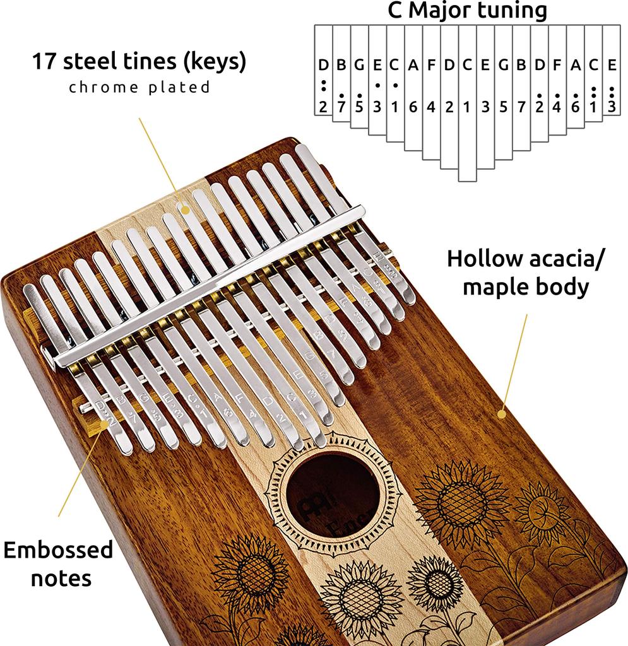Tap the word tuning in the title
click(x=514, y=11)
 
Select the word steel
click(x=98, y=62)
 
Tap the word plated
click(x=179, y=88)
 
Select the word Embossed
click(x=58, y=549)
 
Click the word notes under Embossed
click(x=61, y=577)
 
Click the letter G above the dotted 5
click(x=359, y=64)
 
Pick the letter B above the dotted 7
click(x=341, y=64)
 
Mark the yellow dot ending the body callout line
click(x=502, y=414)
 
